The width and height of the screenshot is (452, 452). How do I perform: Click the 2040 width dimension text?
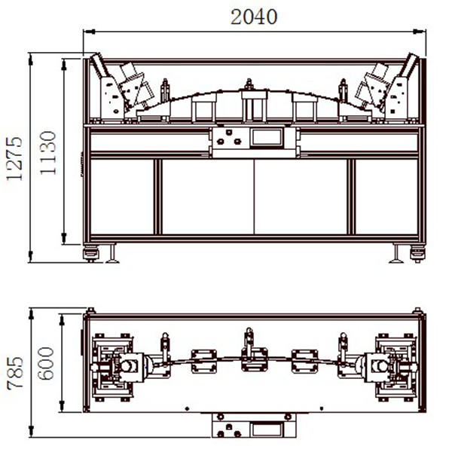tap(254, 17)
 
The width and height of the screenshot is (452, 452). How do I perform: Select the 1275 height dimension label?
tap(14, 158)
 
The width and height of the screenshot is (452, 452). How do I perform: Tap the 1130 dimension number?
tap(47, 153)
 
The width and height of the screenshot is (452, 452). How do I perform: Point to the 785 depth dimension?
tap(15, 373)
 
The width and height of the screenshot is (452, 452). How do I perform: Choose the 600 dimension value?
tap(46, 363)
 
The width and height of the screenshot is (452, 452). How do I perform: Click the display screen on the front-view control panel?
tap(267, 138)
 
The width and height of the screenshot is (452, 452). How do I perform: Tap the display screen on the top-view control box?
tap(267, 429)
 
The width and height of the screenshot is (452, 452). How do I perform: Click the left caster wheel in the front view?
tap(91, 254)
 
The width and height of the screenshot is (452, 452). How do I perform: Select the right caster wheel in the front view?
tap(417, 254)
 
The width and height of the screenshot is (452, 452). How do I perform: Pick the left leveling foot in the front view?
tap(112, 255)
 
